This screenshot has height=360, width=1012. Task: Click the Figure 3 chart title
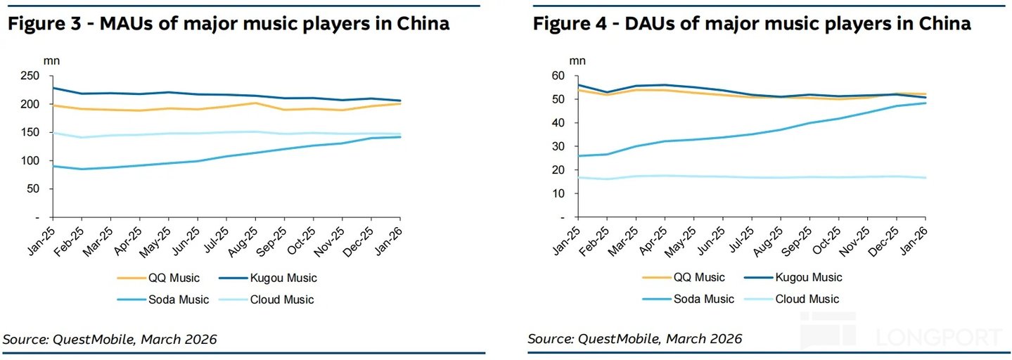click(x=229, y=23)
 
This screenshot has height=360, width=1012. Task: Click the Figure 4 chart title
click(x=752, y=23)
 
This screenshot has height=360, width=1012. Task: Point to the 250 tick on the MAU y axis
click(x=30, y=75)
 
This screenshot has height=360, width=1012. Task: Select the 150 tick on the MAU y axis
click(x=30, y=132)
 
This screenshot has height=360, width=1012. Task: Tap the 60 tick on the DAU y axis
click(x=558, y=75)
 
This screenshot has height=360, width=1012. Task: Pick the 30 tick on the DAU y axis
click(x=558, y=146)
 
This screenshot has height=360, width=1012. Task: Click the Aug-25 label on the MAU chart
click(x=243, y=241)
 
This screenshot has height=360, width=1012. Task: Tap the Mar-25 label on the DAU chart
click(x=623, y=240)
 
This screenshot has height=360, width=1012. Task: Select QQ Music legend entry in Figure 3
click(x=158, y=278)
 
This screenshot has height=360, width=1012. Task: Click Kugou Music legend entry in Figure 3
click(x=268, y=278)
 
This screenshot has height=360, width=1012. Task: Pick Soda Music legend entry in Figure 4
click(x=688, y=299)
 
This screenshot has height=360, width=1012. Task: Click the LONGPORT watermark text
click(x=939, y=337)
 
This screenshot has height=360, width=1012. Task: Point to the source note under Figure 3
click(x=110, y=339)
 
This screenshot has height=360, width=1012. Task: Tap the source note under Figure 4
click(x=635, y=339)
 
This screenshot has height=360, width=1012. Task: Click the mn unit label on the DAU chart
click(x=577, y=61)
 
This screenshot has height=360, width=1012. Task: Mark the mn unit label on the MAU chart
click(x=51, y=61)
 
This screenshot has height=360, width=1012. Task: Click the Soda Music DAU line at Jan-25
click(x=578, y=156)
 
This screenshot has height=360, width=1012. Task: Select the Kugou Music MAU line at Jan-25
click(x=53, y=88)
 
